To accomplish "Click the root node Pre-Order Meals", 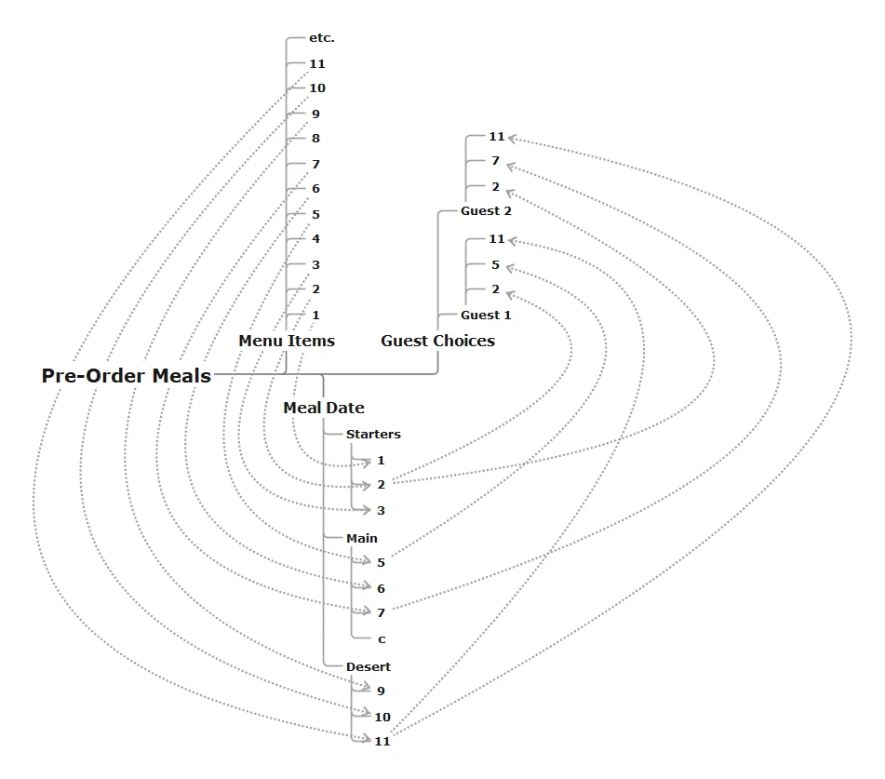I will (127, 376).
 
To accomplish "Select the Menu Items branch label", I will (287, 341).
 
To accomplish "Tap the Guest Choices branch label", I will (437, 341).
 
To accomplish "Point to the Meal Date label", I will (324, 408).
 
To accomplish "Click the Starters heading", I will (373, 434).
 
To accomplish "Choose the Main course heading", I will (362, 538).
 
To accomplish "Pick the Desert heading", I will (369, 666).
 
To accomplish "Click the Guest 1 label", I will (486, 315).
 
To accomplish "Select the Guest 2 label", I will (486, 210).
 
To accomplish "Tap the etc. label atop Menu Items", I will (321, 38).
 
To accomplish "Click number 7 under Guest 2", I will (496, 161).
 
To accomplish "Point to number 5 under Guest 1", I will (496, 265).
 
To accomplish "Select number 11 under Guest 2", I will (497, 137).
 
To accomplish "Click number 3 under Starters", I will (381, 510).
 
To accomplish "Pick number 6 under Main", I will (381, 588).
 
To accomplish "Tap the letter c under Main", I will (382, 639).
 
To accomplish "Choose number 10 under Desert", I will (382, 717).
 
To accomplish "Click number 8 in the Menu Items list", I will (316, 139).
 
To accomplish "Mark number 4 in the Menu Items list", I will (316, 239).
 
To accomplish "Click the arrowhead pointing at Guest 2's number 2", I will (511, 192).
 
